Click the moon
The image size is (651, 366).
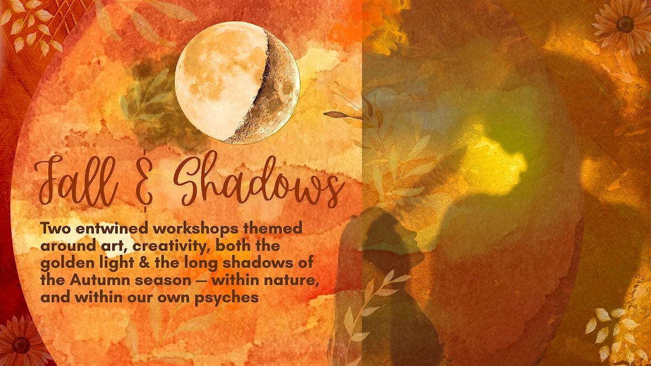[x=237, y=82]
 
